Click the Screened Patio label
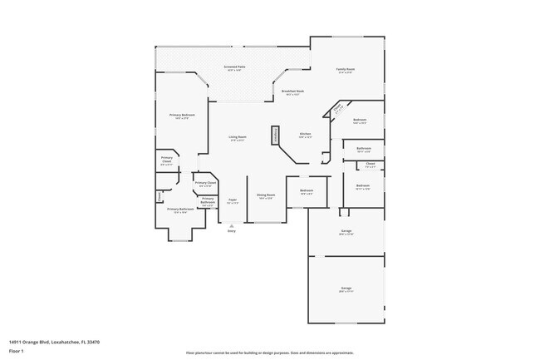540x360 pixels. pos(235,67)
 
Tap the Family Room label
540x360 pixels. pos(346,69)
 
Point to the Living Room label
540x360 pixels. pos(238,137)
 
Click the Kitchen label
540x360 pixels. pos(305,134)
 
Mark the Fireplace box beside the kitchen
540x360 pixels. pos(274,137)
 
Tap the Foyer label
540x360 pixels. pos(233,200)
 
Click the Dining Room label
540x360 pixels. pos(266,196)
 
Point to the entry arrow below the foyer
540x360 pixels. pos(232,224)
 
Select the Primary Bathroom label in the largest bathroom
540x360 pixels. pos(179,210)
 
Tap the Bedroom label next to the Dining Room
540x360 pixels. pos(307,191)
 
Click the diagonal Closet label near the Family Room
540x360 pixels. pos(339,109)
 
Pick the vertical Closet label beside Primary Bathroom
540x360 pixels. pos(159,196)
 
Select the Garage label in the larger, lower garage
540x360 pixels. pos(346,289)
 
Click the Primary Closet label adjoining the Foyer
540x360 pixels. pos(205,183)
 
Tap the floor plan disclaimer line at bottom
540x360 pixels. pos(269,353)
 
